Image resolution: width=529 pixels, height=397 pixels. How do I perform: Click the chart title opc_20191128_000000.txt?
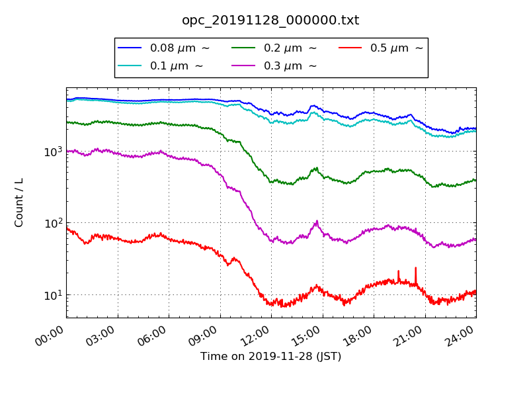point(270,21)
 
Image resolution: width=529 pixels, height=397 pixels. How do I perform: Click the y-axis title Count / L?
point(19,202)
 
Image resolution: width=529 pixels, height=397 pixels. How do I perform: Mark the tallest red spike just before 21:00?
point(415,268)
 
